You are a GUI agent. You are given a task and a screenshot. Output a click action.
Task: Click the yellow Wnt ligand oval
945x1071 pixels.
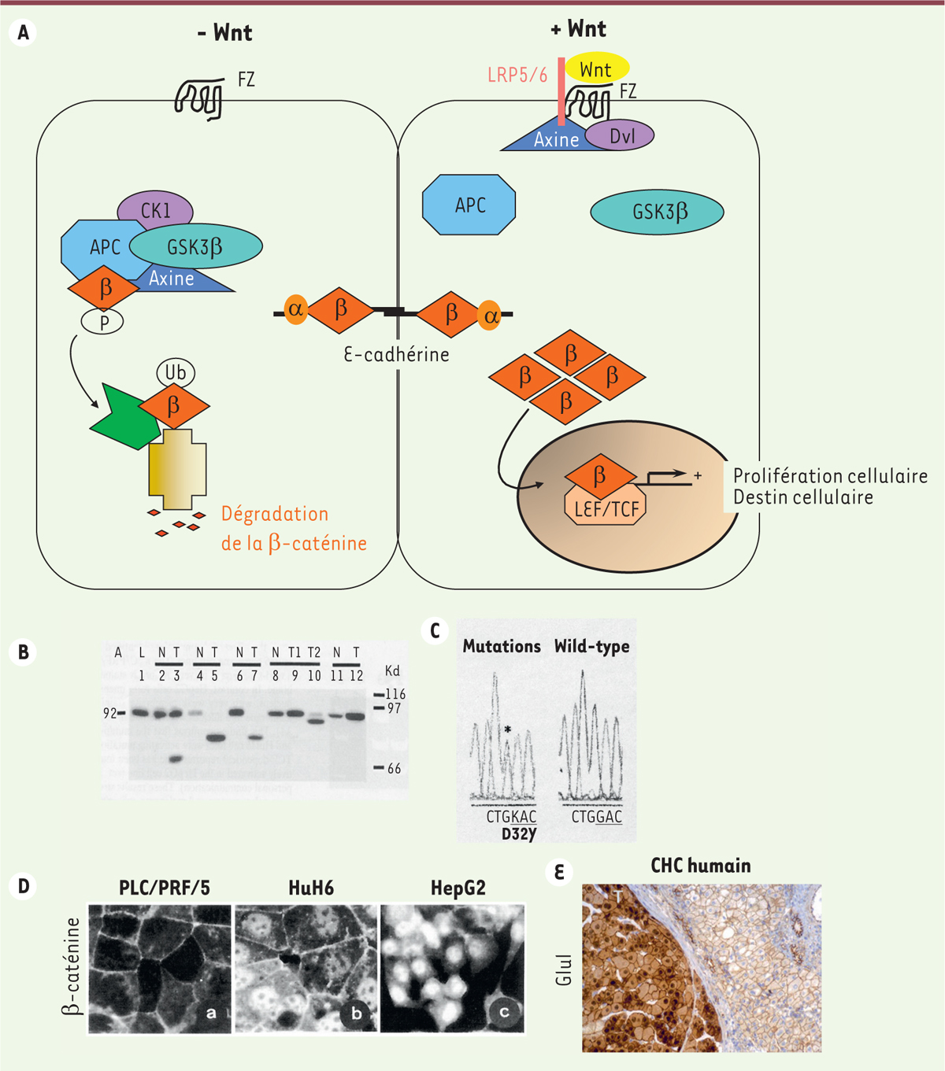coord(597,69)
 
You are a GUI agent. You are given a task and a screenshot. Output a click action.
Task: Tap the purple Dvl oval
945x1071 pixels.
coord(621,136)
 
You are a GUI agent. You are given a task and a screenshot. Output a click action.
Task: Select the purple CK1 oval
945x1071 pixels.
coord(155,210)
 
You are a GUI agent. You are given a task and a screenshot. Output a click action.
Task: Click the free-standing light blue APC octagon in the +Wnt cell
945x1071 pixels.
coord(469,205)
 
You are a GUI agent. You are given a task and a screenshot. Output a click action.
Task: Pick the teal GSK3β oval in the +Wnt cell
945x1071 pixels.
coord(657,212)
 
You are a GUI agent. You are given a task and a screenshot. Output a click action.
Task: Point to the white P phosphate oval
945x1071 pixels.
coord(103,321)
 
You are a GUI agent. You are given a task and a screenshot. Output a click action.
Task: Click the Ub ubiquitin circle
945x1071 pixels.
coord(176,371)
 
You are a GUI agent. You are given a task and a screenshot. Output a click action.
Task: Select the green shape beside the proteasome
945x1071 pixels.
coord(124,417)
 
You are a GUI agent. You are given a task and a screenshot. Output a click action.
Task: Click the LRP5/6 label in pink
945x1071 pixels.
coord(517,76)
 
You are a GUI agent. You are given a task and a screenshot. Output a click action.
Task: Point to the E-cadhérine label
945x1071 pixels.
coord(396,355)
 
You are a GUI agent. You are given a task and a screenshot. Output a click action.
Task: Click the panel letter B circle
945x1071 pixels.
coord(24,652)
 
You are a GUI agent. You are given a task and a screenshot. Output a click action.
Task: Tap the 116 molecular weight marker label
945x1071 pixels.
coord(395,694)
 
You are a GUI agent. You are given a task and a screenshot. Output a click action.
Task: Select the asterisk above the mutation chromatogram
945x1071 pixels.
coord(508,730)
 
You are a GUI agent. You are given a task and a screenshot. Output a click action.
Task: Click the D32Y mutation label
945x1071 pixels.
coord(519,833)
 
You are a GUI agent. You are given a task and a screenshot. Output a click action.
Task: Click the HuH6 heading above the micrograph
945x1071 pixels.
coord(311,888)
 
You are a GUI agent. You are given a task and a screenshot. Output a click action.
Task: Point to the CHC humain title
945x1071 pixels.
coord(700,866)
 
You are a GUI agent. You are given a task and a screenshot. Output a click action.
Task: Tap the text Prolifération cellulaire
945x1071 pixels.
coord(830,476)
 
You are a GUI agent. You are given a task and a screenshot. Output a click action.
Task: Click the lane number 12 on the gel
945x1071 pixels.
coord(356,676)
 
